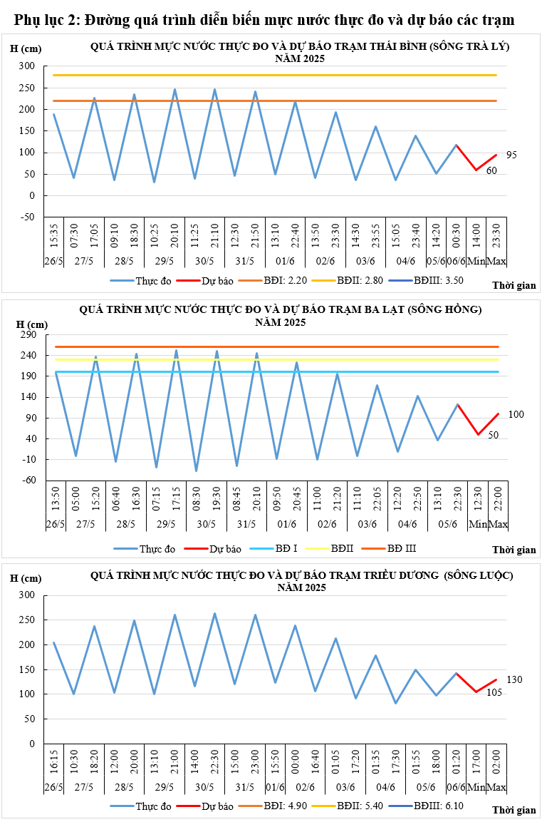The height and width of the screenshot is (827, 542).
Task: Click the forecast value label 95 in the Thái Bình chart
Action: (x=511, y=155)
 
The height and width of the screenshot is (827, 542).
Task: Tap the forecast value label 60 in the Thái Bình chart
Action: (x=491, y=171)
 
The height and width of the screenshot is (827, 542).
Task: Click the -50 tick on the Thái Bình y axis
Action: (x=27, y=217)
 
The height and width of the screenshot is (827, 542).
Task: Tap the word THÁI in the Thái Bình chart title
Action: (x=375, y=46)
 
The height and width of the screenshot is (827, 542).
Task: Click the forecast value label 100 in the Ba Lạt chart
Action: (x=516, y=414)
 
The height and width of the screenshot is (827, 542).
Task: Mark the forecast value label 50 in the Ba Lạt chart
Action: (x=494, y=435)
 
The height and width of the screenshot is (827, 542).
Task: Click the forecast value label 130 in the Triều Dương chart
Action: (x=515, y=679)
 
